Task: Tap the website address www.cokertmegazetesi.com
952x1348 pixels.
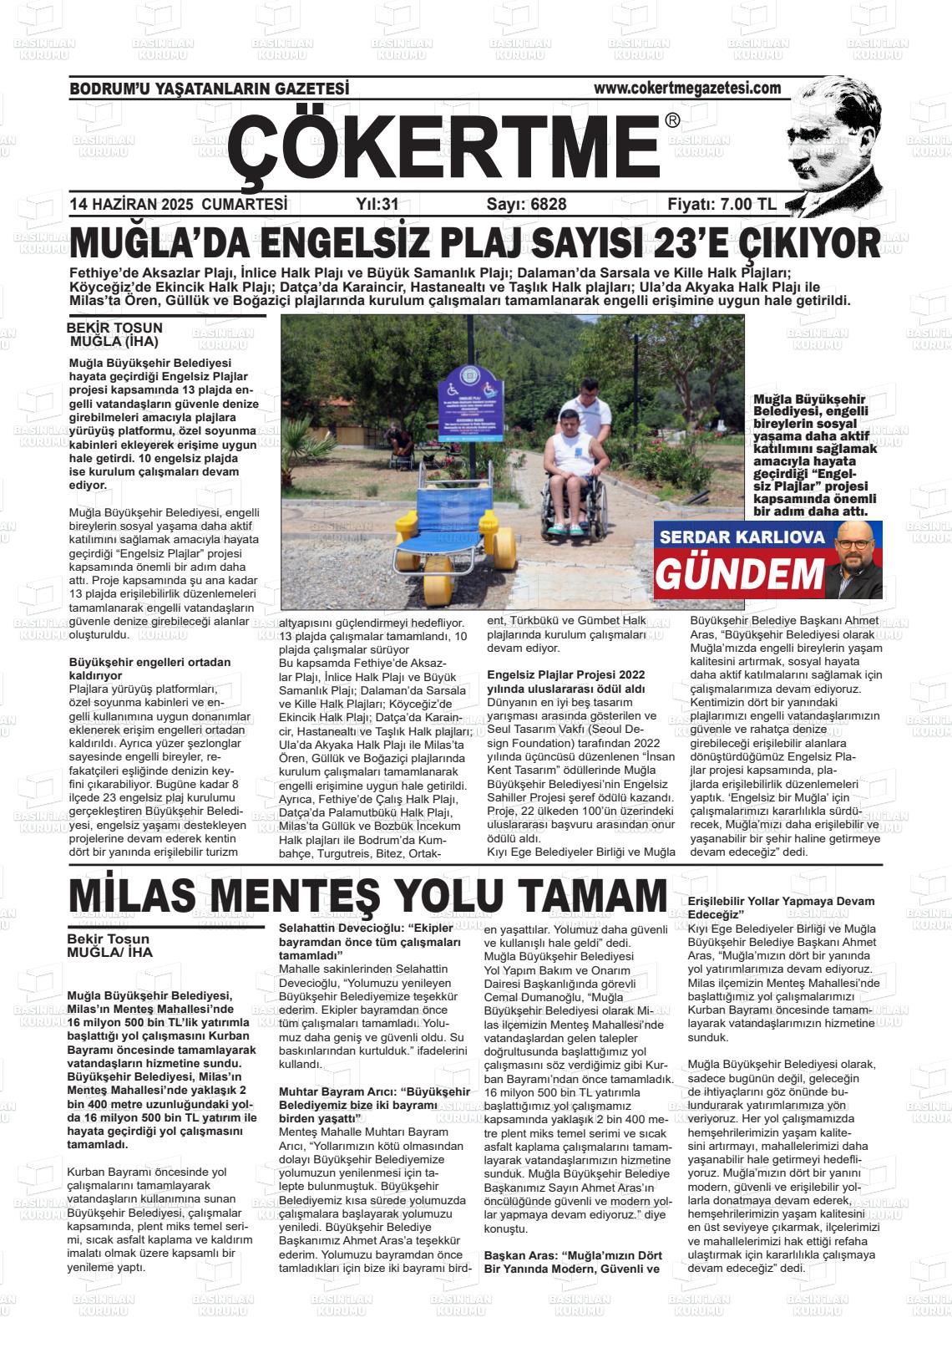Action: (686, 88)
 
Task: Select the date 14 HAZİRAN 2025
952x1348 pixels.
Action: (132, 205)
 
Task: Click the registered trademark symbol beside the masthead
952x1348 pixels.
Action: (672, 121)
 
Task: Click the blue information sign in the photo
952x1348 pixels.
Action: (471, 397)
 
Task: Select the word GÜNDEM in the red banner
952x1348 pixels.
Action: (738, 574)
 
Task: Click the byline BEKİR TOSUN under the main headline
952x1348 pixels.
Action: (114, 328)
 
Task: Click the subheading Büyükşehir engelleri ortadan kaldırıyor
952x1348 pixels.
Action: (149, 669)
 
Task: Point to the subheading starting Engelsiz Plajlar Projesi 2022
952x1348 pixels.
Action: (565, 681)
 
